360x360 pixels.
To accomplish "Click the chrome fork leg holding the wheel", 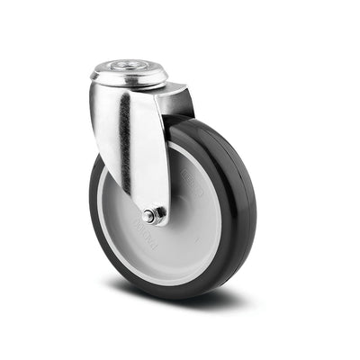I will [135, 144].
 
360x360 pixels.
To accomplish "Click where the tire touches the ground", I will [180, 293].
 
